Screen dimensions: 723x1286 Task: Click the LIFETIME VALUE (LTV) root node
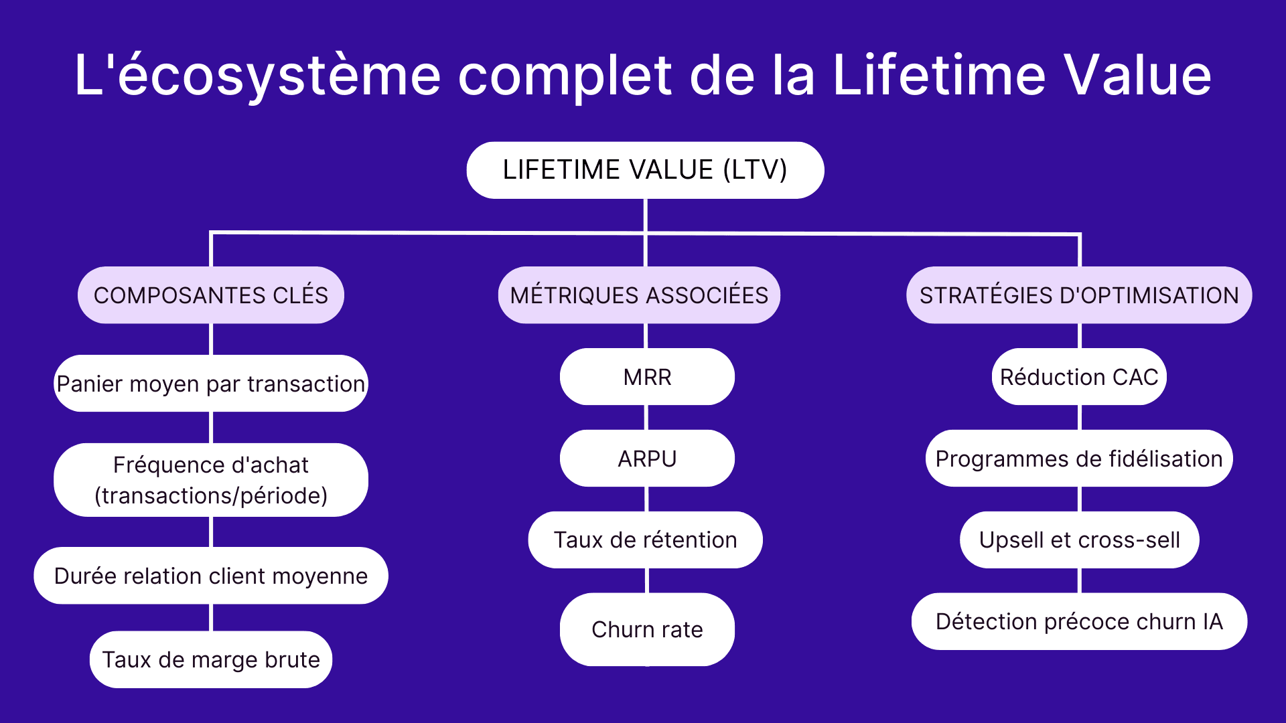point(645,170)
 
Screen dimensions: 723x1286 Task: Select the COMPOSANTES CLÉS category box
point(211,295)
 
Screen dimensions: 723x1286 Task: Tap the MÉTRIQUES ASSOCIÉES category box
point(639,295)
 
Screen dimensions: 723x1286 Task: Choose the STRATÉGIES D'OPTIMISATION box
point(1079,295)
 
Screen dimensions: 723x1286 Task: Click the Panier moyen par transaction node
point(211,384)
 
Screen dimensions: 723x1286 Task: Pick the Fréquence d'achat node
point(211,480)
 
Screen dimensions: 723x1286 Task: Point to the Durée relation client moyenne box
point(211,576)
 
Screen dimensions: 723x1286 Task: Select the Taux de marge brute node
point(211,659)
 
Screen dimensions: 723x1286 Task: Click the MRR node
point(647,377)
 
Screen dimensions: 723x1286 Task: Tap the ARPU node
point(647,459)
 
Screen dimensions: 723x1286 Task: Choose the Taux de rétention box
point(645,540)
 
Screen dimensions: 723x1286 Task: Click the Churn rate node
point(647,629)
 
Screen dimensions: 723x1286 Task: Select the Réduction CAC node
point(1079,377)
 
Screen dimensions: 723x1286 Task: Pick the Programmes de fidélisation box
point(1079,459)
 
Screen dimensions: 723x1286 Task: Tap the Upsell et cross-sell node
point(1079,540)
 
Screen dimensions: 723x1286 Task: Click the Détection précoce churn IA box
point(1079,621)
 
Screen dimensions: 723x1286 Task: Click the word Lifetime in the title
point(938,75)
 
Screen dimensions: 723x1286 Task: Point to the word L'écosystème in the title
point(258,75)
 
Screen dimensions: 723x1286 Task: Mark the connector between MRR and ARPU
point(646,417)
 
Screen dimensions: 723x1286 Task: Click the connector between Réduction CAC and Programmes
point(1080,417)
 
